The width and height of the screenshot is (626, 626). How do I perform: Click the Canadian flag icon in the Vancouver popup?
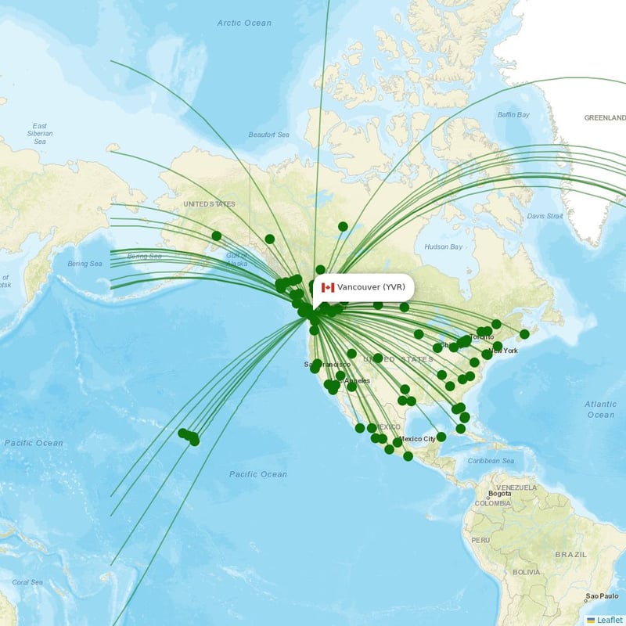point(328,288)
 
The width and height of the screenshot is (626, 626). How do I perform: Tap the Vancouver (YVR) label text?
point(371,288)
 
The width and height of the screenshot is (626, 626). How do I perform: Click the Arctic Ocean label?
point(244,23)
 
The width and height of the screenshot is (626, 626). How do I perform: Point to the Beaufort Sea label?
point(268,135)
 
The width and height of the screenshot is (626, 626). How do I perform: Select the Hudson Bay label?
point(442,247)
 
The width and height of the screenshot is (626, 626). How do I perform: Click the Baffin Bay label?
point(513,115)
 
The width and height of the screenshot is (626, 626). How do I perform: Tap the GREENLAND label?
point(605,118)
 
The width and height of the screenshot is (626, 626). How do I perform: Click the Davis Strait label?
point(545,216)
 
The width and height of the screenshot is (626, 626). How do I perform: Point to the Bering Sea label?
point(85,264)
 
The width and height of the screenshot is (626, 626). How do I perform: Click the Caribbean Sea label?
point(491,461)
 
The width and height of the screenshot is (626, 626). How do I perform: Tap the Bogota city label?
point(499,494)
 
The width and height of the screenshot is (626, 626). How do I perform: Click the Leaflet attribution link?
point(609,620)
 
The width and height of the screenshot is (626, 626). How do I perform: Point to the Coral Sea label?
point(27,582)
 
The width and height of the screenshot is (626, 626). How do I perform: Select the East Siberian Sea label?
point(40,134)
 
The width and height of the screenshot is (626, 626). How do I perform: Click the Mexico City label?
point(418,439)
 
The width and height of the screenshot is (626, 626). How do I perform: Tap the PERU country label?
point(480,540)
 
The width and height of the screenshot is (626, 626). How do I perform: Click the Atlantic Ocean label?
point(600,409)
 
